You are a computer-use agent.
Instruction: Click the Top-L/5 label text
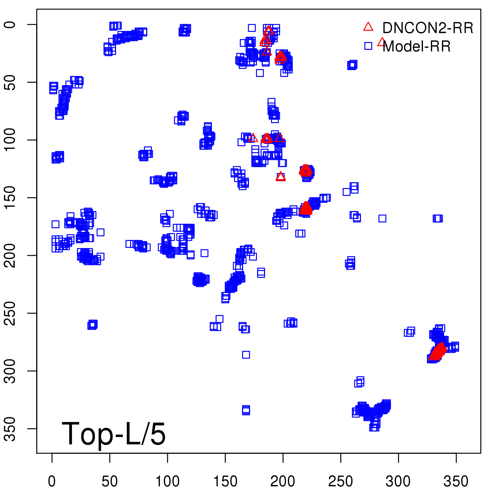coord(114,434)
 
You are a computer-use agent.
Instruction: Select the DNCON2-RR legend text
coord(428,28)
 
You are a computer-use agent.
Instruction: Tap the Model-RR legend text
coord(417,47)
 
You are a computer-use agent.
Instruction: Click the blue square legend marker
coord(368,46)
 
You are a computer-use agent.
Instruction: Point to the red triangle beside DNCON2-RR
coord(368,27)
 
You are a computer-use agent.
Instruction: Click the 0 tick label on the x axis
coord(52,481)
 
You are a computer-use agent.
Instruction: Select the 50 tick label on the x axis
coord(110,481)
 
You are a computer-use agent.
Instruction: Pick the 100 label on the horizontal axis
coord(167,481)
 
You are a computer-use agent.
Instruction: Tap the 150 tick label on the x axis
coord(225,481)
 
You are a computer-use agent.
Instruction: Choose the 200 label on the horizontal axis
coord(283,481)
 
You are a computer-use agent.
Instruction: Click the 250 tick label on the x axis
coord(341,481)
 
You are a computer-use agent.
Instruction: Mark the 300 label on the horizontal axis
coord(398,481)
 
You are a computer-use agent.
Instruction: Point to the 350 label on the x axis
coord(456,481)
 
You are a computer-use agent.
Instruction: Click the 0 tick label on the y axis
coord(10,24)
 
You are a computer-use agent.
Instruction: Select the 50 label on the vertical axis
coord(10,82)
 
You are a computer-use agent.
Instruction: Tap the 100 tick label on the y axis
coord(10,140)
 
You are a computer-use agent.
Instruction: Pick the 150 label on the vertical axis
coord(10,198)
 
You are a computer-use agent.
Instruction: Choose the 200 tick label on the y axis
coord(10,255)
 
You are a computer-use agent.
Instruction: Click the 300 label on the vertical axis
coord(10,371)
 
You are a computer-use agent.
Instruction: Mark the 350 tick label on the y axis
coord(10,428)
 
